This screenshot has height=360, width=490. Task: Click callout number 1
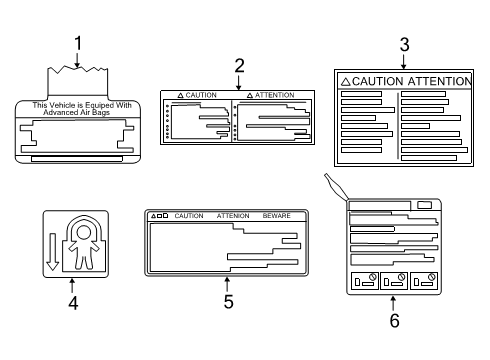[77, 44]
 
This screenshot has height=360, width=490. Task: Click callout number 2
[239, 66]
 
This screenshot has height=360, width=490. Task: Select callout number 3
[403, 44]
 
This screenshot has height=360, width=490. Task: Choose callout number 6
[394, 320]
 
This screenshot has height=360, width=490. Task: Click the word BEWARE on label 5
[277, 216]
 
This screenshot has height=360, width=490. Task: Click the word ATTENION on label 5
[233, 216]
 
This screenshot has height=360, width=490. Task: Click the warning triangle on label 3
[344, 81]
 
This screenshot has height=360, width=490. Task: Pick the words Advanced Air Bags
[82, 112]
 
